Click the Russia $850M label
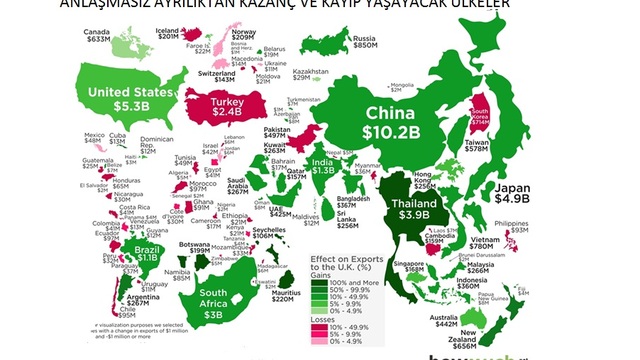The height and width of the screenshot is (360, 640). tap(364, 41)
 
